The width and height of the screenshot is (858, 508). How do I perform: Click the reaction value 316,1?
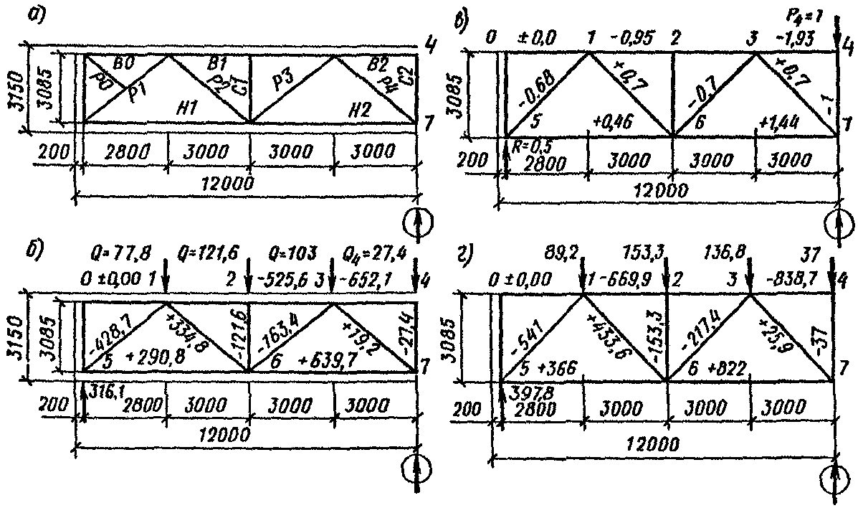(103, 388)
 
